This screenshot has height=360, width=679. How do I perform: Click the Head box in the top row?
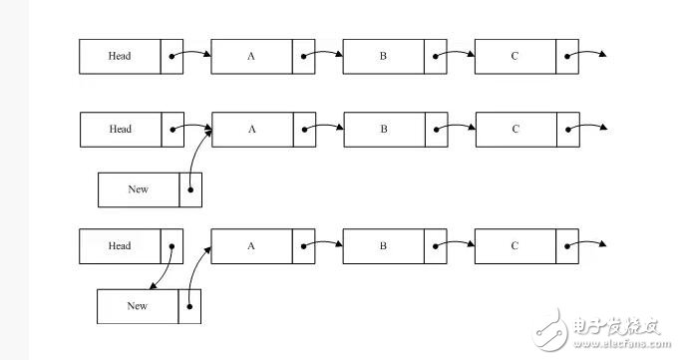pos(120,56)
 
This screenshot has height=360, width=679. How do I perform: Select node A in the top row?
pos(251,56)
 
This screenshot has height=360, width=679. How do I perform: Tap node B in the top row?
pos(383,56)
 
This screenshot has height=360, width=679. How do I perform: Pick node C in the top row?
pos(514,56)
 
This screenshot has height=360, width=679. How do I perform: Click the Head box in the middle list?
pos(120,129)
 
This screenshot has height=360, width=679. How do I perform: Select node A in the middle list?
pos(251,129)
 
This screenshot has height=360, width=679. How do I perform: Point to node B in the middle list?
pos(383,129)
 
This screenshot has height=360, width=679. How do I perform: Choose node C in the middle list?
pos(514,129)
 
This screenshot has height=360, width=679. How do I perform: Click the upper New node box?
pos(138,188)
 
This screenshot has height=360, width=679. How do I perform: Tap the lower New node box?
pos(138,306)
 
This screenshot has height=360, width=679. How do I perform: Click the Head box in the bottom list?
pos(120,245)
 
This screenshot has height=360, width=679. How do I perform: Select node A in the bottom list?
pos(251,245)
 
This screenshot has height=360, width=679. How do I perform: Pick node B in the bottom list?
pos(383,245)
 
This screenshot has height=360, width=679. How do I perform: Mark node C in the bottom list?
pos(514,245)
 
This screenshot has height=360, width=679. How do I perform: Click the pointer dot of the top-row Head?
pos(171,56)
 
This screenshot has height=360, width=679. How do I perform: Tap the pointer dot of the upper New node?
pos(190,188)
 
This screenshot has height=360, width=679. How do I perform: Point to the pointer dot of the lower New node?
pos(190,306)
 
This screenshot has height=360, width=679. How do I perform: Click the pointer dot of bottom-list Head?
pos(171,245)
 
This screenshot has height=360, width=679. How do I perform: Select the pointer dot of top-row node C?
pos(567,56)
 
